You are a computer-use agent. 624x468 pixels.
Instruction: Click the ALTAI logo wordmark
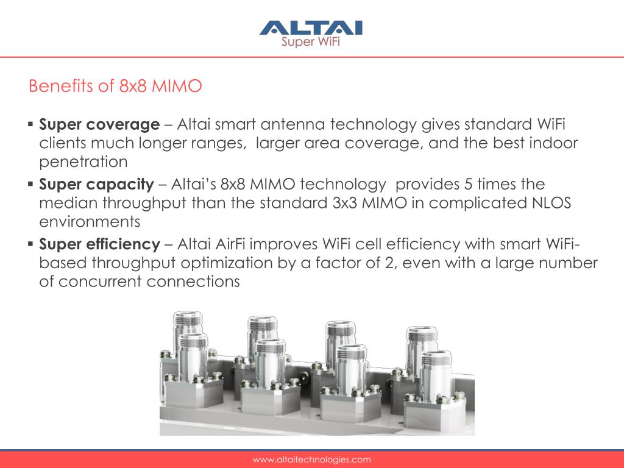click(x=311, y=28)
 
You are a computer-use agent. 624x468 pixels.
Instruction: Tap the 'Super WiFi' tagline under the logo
click(x=310, y=41)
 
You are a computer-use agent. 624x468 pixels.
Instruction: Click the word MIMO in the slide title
click(x=177, y=86)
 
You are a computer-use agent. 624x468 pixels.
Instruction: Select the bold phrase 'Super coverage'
click(x=99, y=124)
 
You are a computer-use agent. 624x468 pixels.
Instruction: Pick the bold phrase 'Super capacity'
click(x=96, y=184)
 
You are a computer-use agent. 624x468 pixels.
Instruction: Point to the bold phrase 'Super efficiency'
click(x=99, y=244)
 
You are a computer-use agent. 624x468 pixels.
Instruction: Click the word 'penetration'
click(x=83, y=162)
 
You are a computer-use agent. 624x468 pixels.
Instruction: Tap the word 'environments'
click(x=90, y=222)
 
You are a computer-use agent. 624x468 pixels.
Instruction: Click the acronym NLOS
click(x=551, y=203)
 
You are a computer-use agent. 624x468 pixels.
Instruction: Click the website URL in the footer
click(x=311, y=459)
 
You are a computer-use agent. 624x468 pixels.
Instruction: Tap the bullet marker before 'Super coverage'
click(x=30, y=124)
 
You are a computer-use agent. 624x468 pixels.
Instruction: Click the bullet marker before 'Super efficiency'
click(x=30, y=244)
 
